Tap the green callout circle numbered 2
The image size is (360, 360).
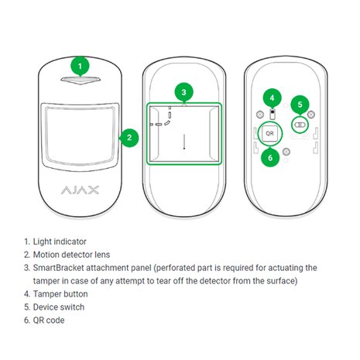[129, 138]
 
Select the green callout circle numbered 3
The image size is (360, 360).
[183, 92]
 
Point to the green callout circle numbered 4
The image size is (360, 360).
[270, 98]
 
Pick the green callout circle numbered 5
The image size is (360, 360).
[300, 105]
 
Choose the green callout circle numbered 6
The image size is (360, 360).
[270, 158]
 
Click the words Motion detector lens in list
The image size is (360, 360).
[77, 254]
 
